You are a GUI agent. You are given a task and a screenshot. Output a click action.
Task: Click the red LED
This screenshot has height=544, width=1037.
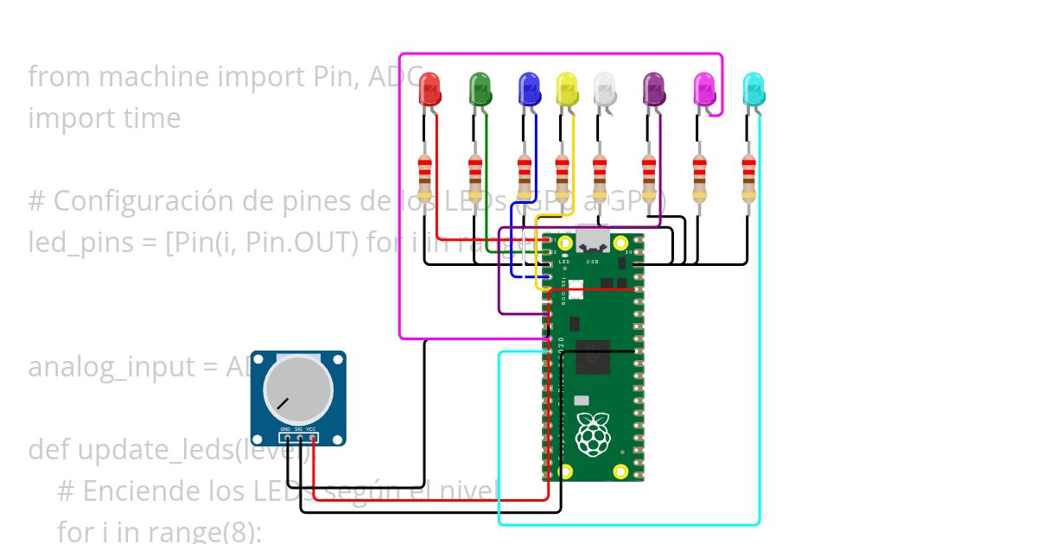[x=429, y=89]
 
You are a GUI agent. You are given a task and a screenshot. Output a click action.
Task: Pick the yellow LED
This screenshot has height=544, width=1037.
[x=567, y=89]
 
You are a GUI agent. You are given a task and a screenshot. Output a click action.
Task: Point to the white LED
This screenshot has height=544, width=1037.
[x=605, y=89]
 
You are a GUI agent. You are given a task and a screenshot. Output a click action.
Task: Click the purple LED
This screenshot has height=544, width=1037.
[x=654, y=89]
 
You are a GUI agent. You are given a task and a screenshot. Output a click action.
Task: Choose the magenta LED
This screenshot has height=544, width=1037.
[x=704, y=89]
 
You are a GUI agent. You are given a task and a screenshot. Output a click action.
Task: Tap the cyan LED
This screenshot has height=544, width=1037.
[x=754, y=89]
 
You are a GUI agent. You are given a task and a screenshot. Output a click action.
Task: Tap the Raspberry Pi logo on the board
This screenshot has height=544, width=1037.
[x=592, y=434]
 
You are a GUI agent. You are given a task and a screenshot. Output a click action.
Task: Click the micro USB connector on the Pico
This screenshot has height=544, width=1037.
[x=593, y=239]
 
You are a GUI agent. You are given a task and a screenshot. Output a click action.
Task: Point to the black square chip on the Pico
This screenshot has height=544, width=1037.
[x=593, y=357]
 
